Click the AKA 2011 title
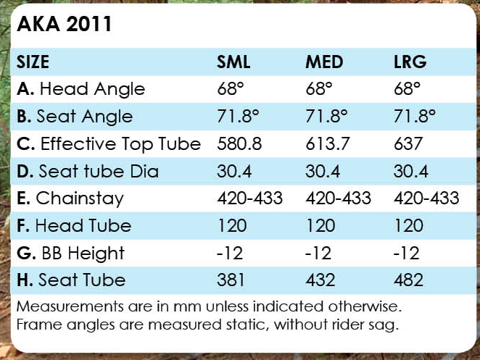tap(64, 25)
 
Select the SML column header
tap(233, 62)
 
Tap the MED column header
tap(324, 62)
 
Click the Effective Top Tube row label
tap(108, 144)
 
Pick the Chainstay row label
tap(70, 198)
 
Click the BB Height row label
tap(70, 253)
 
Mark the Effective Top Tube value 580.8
tap(239, 144)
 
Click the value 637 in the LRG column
tap(407, 144)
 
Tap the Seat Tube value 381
tap(232, 280)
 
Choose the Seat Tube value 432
tap(320, 280)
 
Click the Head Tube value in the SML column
tap(232, 226)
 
